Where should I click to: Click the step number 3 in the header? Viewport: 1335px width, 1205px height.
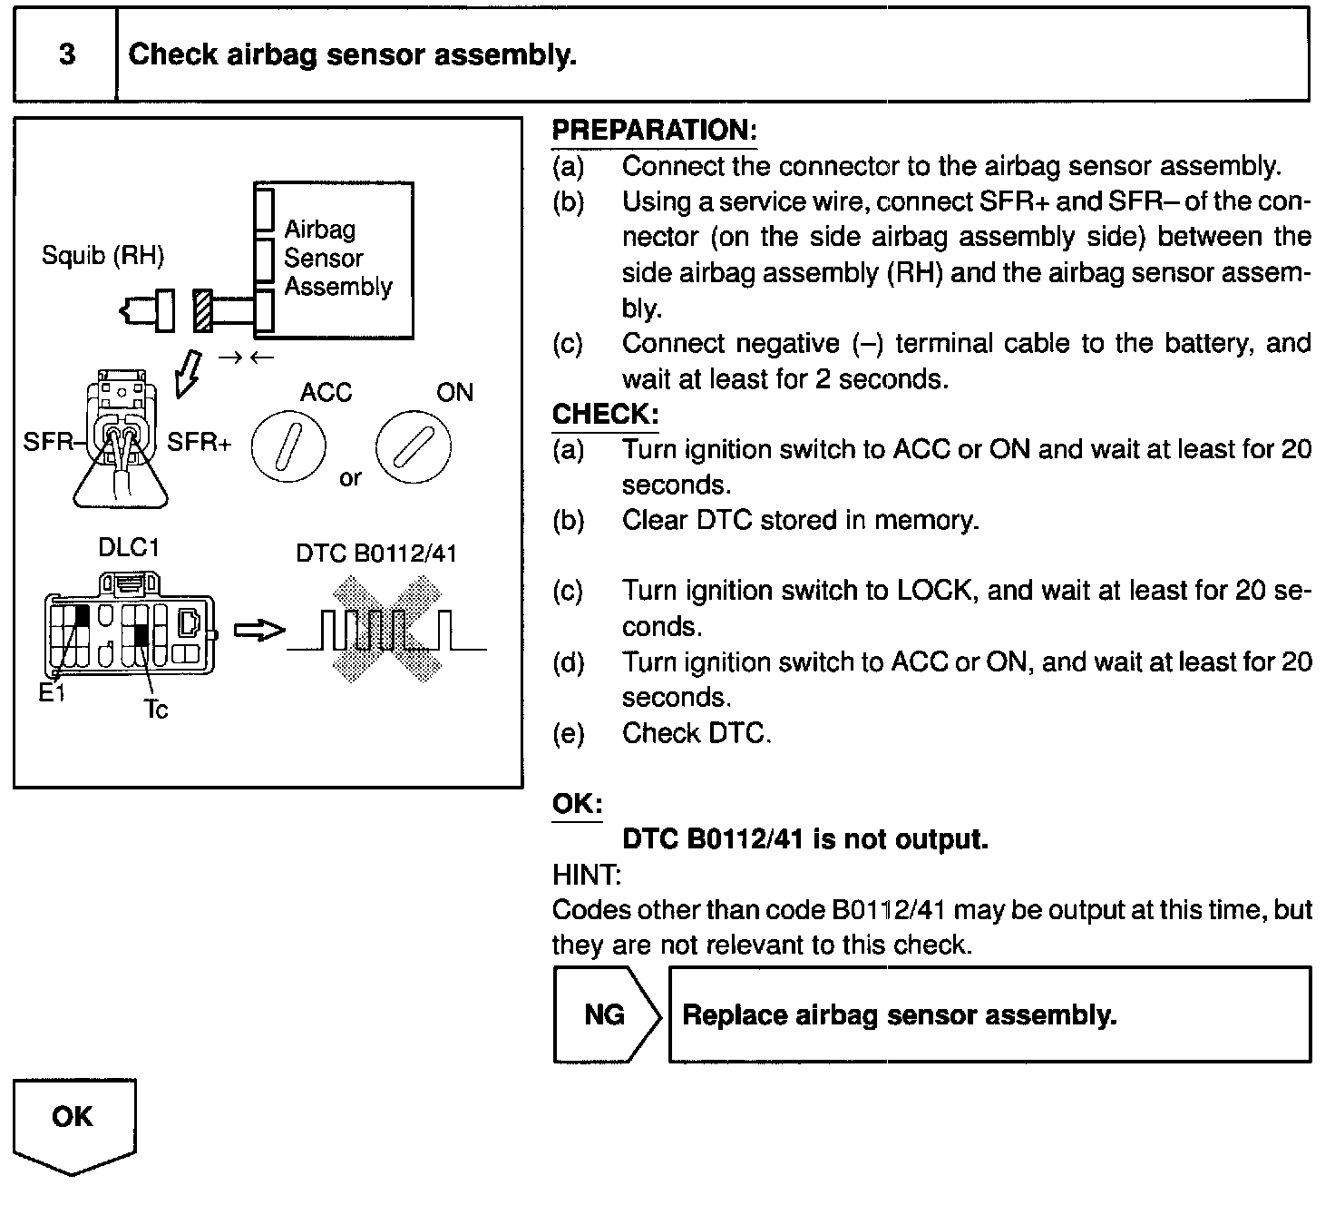67,55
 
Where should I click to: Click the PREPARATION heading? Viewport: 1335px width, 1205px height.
653,131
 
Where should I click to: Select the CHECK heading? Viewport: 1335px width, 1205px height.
605,415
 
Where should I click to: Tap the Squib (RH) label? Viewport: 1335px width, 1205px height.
102,256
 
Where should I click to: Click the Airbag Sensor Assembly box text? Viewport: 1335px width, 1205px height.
337,258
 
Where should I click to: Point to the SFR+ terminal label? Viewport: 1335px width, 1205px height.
200,443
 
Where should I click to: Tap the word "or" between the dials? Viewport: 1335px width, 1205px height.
350,478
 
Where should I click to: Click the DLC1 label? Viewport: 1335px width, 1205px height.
128,548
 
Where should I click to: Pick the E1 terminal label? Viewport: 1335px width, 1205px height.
52,694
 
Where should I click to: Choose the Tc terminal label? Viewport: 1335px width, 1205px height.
156,710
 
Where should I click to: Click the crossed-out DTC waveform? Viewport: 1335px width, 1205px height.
385,631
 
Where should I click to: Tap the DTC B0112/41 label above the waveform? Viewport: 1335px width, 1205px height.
376,554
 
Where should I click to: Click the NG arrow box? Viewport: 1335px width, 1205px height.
606,1014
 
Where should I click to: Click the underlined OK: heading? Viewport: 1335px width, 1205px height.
577,804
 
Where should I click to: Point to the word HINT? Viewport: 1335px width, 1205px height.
586,875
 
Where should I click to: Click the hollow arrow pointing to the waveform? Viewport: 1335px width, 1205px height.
259,631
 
